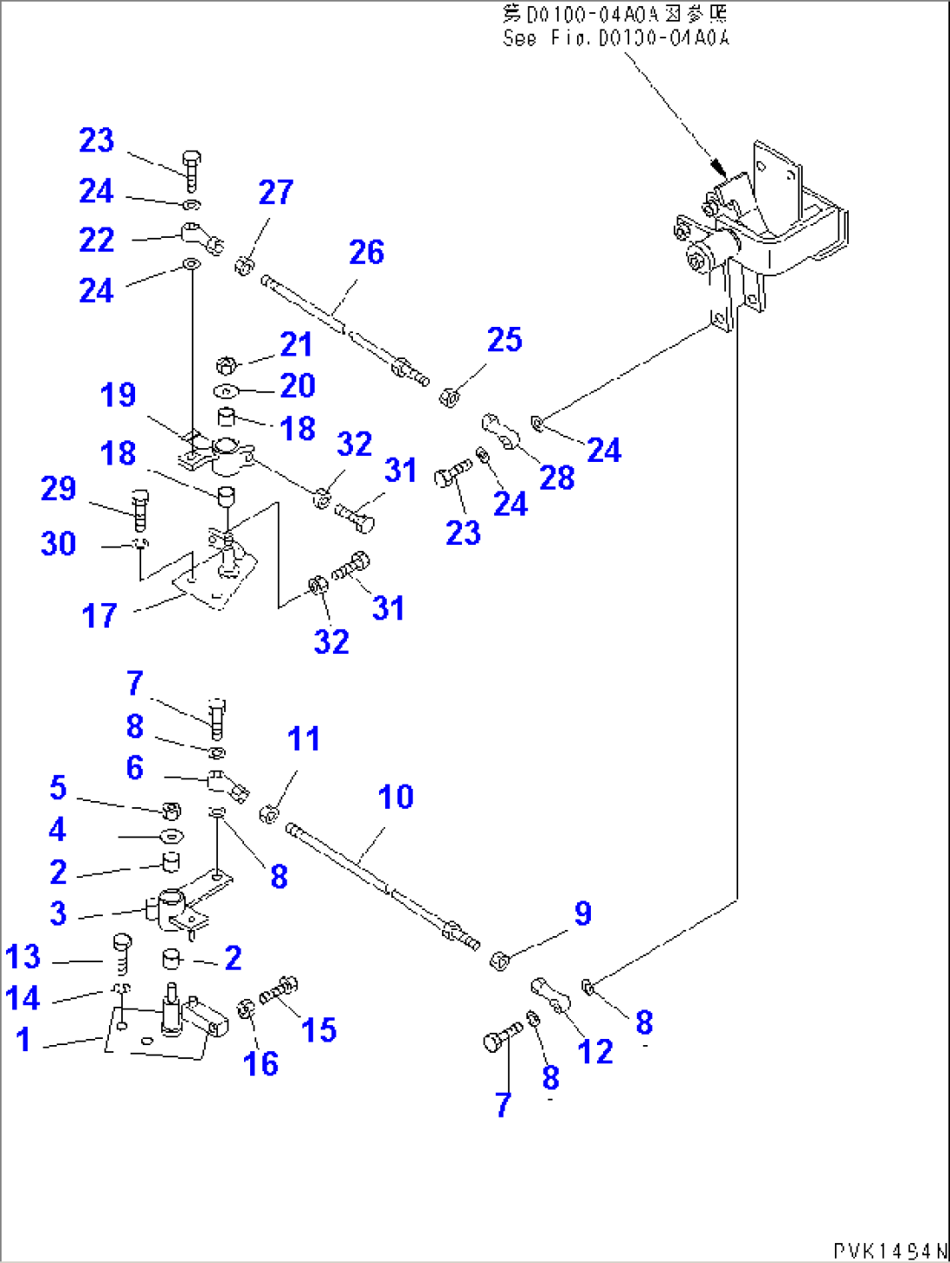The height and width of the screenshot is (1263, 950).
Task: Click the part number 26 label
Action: point(366,253)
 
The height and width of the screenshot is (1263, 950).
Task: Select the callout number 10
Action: point(395,797)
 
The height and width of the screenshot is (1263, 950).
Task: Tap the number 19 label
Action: point(118,395)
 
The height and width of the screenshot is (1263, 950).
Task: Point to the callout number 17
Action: point(98,615)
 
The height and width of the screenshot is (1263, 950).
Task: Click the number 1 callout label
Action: point(24,1039)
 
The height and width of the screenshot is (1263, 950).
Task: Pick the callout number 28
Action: point(557,478)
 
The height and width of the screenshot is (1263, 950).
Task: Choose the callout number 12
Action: point(595,1052)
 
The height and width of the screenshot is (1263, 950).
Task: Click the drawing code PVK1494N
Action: point(888,1251)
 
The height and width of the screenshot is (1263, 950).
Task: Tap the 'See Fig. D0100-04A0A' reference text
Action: point(615,38)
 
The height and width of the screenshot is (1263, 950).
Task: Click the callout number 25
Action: point(505,340)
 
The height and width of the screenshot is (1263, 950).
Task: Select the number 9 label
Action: point(583,913)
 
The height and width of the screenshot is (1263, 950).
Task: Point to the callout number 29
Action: point(58,488)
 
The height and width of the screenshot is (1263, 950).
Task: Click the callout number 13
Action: point(23,956)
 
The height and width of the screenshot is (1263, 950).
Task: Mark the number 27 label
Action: point(275,193)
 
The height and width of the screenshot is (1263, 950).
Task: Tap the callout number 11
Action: point(303,739)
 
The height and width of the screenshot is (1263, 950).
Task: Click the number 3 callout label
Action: point(58,913)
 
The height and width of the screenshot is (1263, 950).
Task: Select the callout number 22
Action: point(96,241)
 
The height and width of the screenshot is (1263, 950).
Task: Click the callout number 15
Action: point(318,1029)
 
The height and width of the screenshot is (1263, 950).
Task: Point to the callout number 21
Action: point(295,345)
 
